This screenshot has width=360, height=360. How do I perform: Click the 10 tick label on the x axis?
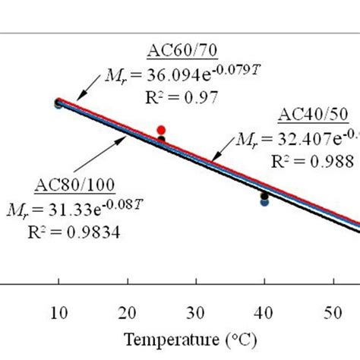pos(58,311)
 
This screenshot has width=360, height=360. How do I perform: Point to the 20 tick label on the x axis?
pos(128,311)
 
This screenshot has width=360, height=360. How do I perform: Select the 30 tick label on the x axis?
pos(197,311)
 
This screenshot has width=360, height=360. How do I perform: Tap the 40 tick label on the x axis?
pos(265,311)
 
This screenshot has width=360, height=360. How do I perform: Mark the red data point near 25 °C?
pos(161,130)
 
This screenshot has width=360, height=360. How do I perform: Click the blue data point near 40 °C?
pos(264,202)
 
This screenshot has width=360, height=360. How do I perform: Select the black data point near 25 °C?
pos(161,140)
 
